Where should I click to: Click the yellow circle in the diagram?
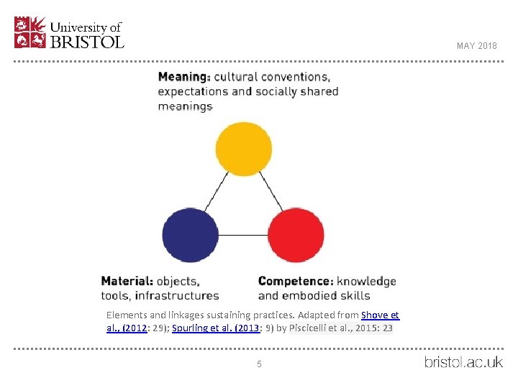click(x=244, y=149)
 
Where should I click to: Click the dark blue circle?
click(x=190, y=235)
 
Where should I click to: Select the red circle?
click(x=296, y=235)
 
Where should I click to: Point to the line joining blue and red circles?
click(x=242, y=235)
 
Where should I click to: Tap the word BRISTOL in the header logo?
click(x=87, y=42)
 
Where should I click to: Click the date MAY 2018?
click(x=476, y=46)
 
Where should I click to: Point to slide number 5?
click(x=259, y=364)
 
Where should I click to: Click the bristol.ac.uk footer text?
click(x=463, y=361)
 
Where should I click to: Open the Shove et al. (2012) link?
click(x=380, y=315)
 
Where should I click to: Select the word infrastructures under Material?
click(x=185, y=295)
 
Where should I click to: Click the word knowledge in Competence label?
click(x=366, y=281)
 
